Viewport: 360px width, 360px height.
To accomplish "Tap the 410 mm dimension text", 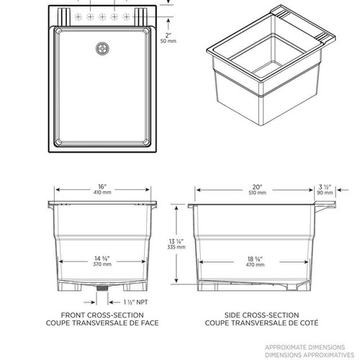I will coord(102,192).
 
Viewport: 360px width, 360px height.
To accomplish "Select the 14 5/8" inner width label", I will coord(102,258).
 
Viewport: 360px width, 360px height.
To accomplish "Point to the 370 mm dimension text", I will coord(102,266).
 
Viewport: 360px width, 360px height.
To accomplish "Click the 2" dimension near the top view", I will coord(167,35).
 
